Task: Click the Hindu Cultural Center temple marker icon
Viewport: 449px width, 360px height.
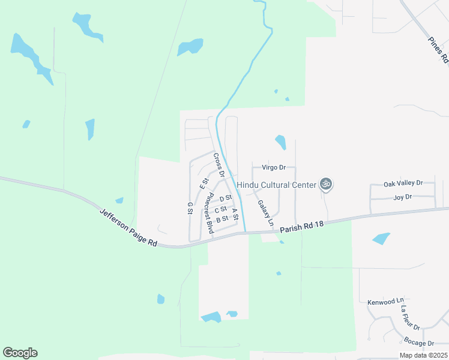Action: click(326, 184)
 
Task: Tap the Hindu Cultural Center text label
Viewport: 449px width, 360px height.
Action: click(276, 185)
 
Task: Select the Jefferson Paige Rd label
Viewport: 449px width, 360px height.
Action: click(128, 227)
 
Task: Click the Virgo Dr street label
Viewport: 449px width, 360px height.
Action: click(273, 168)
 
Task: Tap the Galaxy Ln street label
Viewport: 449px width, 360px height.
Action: click(266, 213)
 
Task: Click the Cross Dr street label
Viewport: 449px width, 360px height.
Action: click(218, 165)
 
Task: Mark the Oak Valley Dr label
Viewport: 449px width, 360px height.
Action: click(403, 183)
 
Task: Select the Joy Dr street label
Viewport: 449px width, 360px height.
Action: click(402, 197)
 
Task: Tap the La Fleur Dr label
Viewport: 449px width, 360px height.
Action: click(410, 318)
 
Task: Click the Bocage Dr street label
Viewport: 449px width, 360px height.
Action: click(419, 343)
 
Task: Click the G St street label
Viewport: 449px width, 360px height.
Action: click(190, 208)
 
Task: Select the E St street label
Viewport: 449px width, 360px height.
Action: click(205, 181)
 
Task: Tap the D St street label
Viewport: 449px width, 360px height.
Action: click(226, 198)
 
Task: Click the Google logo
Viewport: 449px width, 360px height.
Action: click(20, 353)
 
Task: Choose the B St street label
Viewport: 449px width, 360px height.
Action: click(222, 219)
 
